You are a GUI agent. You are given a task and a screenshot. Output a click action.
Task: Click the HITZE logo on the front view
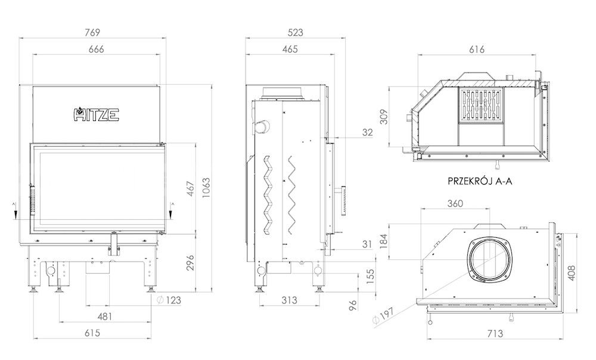(96, 114)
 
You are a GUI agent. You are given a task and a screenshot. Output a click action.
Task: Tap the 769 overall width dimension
(92, 32)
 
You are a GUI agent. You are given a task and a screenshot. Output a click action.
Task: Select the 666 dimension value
(96, 49)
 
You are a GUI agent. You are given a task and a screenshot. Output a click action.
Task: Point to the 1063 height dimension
(206, 188)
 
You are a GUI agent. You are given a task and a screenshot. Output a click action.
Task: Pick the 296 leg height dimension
(190, 263)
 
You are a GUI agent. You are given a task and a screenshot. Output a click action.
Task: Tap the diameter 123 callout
(169, 300)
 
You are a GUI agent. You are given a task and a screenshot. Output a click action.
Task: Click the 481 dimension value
(104, 316)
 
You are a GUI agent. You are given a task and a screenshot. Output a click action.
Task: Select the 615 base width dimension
(92, 333)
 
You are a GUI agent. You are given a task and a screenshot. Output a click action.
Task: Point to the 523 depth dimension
(296, 32)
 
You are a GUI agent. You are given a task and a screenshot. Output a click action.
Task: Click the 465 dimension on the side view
(290, 49)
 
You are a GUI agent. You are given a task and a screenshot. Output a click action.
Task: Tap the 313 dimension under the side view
(289, 300)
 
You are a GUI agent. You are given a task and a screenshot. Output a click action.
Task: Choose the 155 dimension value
(370, 274)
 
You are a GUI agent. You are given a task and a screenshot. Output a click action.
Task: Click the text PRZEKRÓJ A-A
(480, 181)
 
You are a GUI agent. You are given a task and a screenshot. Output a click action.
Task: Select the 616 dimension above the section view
(477, 49)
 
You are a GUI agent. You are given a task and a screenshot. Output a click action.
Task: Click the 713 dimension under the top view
(495, 333)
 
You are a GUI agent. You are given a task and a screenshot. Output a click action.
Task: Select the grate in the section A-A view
(481, 105)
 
